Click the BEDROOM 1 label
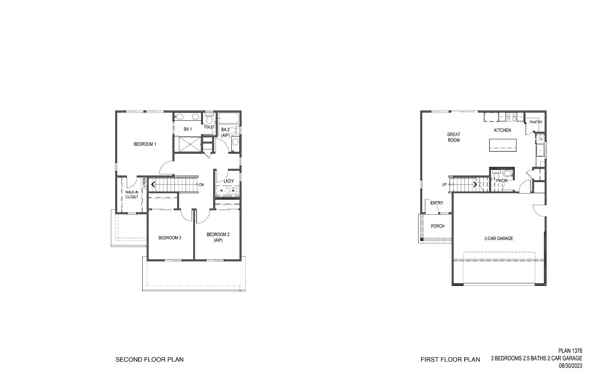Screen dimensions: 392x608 (145, 144)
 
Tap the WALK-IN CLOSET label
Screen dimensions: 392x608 (131, 195)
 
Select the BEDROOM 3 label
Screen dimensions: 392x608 (169, 238)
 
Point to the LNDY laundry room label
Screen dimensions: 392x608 (229, 181)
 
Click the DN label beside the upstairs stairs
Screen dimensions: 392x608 (201, 185)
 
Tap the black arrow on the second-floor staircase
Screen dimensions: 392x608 (153, 185)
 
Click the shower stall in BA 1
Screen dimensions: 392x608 (187, 144)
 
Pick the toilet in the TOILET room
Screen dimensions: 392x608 (209, 119)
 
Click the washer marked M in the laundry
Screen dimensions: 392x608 (233, 190)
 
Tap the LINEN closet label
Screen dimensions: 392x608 (144, 183)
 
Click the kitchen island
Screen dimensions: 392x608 (503, 145)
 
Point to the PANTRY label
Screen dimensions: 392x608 (535, 122)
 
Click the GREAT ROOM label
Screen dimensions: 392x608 (454, 137)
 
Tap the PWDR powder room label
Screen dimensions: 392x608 (502, 181)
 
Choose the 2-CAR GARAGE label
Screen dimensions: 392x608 (499, 239)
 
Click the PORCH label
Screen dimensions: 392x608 (437, 226)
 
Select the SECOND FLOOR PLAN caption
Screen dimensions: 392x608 (150, 360)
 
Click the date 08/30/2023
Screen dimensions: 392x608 (570, 366)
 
